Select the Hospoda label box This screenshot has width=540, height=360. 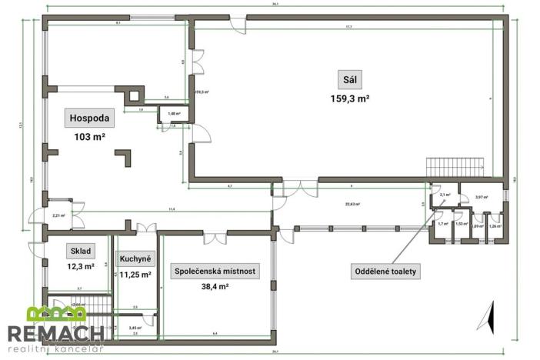pos(92,118)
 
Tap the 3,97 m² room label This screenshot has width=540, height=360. pos(482,198)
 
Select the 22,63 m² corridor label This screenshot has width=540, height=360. pos(353,205)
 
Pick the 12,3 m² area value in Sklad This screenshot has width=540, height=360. pos(81,266)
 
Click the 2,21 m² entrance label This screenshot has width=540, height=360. pos(58,216)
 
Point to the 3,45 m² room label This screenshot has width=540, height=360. pos(135,327)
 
